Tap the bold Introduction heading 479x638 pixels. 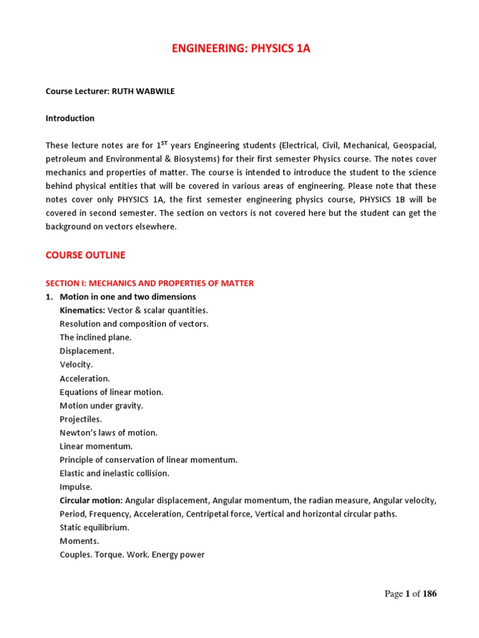(x=70, y=118)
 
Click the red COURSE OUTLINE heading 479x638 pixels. (x=85, y=255)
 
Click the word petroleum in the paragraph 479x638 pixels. (x=66, y=159)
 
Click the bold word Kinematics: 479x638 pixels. (x=82, y=310)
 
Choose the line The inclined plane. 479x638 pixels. (x=95, y=338)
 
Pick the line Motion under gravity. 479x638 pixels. (x=102, y=406)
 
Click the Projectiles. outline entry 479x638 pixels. (x=80, y=419)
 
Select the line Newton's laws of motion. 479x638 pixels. (x=109, y=433)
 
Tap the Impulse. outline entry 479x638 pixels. (x=76, y=487)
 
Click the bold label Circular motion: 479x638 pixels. (x=91, y=501)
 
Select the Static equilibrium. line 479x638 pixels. (x=95, y=528)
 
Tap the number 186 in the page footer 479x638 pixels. (x=430, y=594)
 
